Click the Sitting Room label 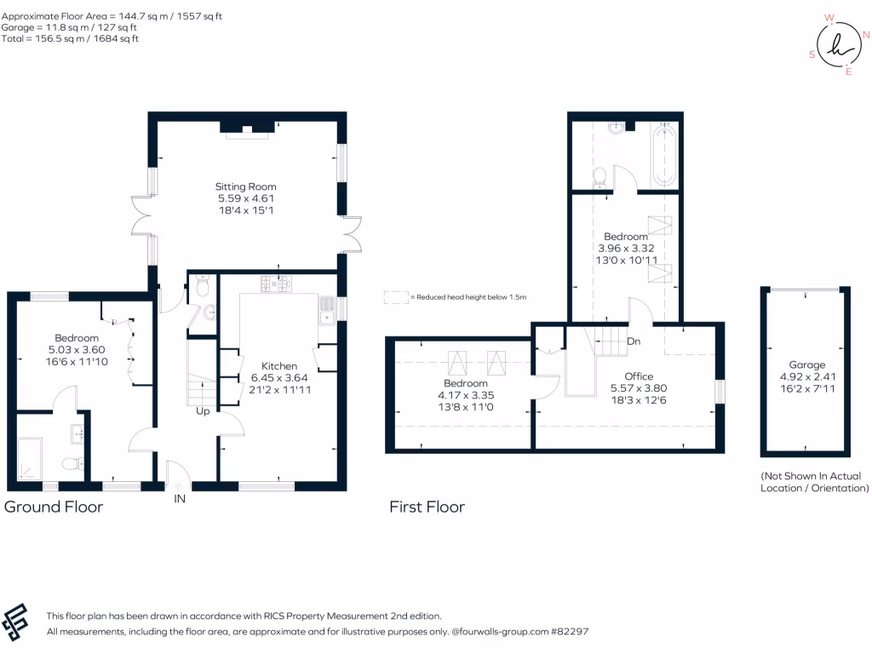coord(245,186)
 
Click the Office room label coord(638,376)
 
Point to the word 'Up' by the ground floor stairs coord(204,410)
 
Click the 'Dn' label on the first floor coord(633,341)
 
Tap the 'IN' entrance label coord(180,499)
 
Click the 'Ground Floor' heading coord(54,508)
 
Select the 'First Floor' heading coord(427,508)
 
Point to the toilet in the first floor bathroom coord(599,176)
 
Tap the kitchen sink coord(327,311)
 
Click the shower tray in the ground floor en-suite coord(31,459)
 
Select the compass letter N coord(865,36)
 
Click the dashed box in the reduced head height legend coord(395,297)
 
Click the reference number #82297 coord(567,632)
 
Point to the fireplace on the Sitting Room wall coord(247,129)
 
